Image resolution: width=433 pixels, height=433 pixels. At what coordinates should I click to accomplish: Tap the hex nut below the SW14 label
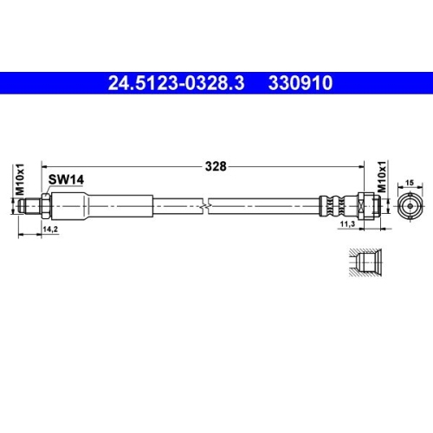(48, 206)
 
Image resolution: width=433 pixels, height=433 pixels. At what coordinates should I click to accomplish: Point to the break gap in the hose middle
(205, 206)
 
